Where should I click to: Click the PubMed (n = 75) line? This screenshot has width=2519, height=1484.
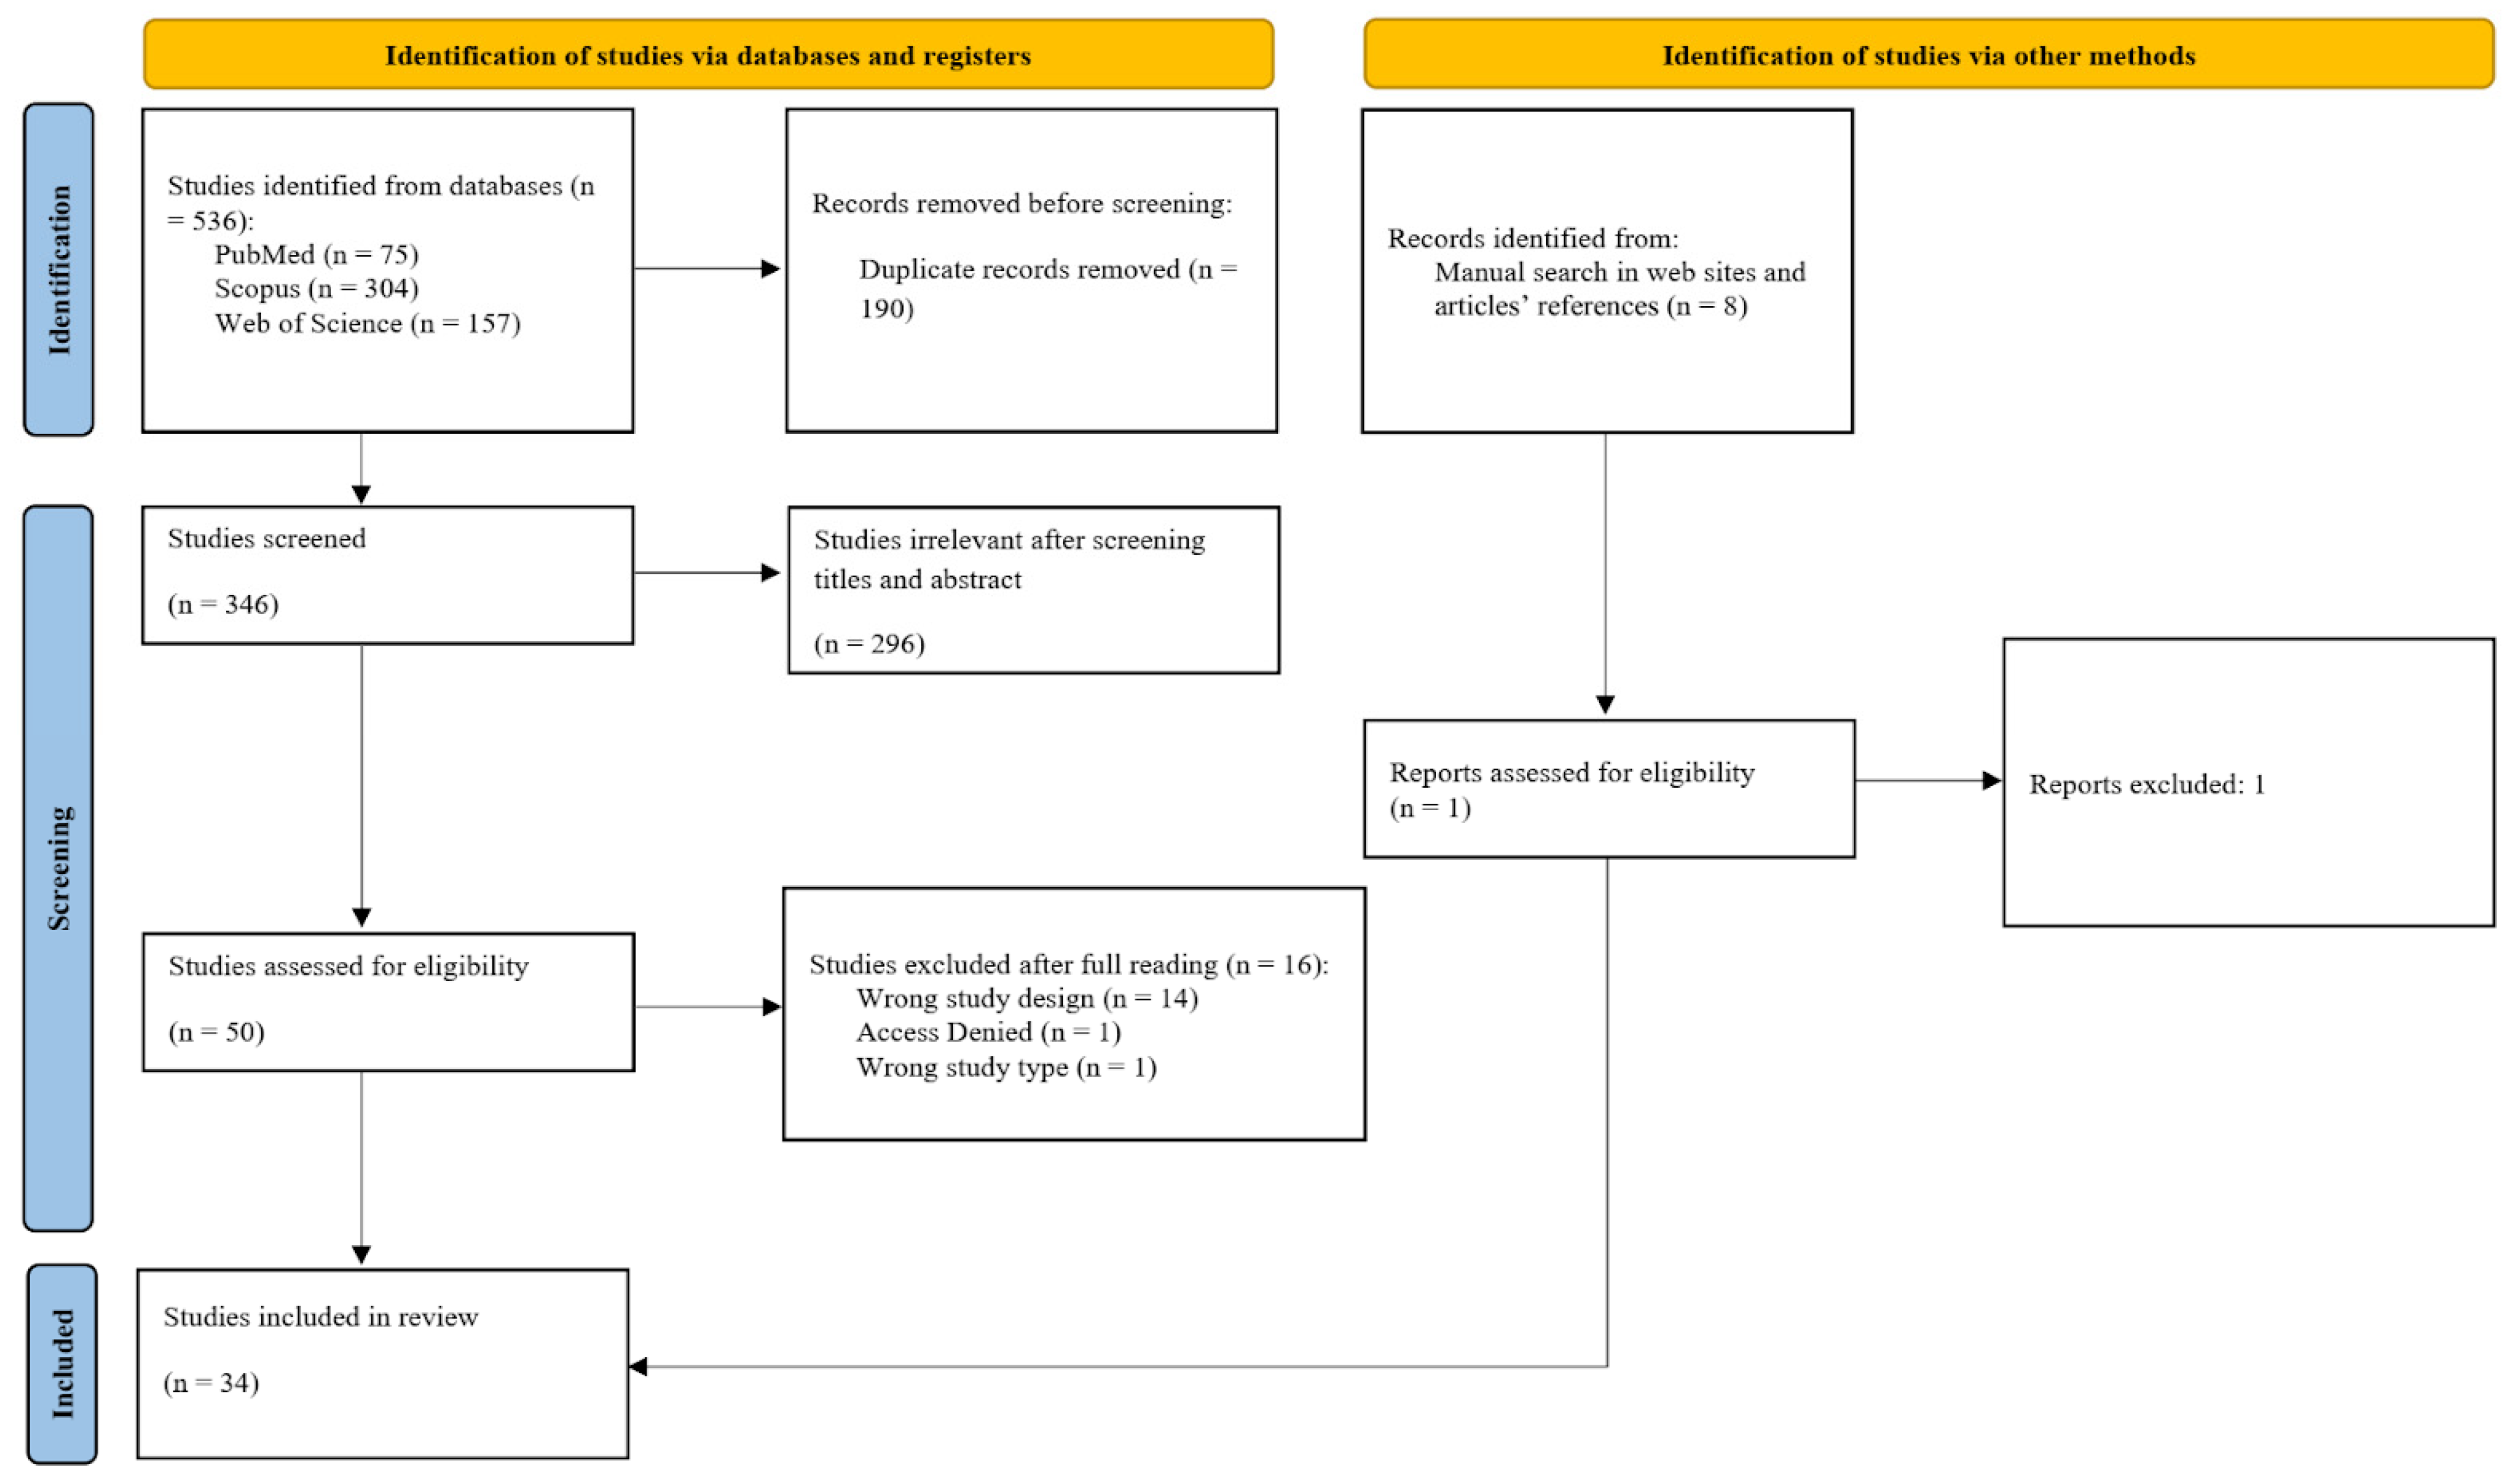(x=316, y=255)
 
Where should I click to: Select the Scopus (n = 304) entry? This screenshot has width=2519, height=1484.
(x=316, y=289)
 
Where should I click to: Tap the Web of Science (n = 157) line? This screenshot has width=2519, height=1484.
(x=367, y=324)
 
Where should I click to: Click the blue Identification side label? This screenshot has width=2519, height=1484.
(x=59, y=270)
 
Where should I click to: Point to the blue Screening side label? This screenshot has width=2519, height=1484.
(x=59, y=868)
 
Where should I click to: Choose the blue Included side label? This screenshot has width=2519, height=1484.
(x=62, y=1364)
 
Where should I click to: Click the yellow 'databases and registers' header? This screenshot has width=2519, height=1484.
(x=708, y=56)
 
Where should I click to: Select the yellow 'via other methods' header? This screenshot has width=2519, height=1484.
(x=1928, y=56)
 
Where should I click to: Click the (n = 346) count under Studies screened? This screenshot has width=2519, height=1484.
(x=223, y=605)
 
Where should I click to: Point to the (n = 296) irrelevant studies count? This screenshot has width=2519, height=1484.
(x=869, y=644)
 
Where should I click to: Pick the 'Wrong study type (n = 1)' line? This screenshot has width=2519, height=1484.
(x=1006, y=1067)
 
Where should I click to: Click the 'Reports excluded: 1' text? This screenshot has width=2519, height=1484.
(x=2146, y=785)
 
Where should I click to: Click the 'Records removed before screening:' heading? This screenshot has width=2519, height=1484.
(x=1021, y=204)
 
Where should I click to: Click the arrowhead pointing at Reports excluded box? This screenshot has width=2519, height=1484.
(x=1991, y=781)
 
